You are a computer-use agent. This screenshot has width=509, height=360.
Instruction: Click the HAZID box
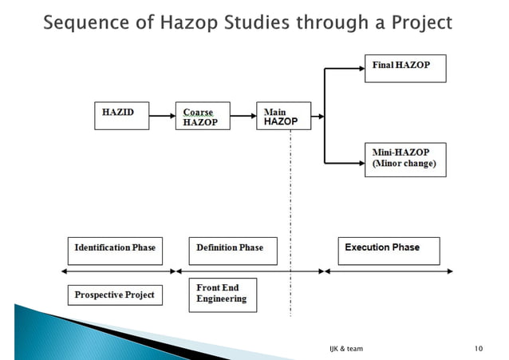pyautogui.click(x=120, y=116)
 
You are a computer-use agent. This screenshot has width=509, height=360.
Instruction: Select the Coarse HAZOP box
pyautogui.click(x=203, y=117)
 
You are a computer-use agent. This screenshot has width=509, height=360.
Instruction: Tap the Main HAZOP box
pyautogui.click(x=283, y=116)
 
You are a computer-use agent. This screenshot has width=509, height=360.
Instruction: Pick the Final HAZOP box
pyautogui.click(x=404, y=68)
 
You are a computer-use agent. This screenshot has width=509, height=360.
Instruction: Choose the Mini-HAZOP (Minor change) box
pyautogui.click(x=404, y=159)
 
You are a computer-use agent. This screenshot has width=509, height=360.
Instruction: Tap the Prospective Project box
pyautogui.click(x=114, y=295)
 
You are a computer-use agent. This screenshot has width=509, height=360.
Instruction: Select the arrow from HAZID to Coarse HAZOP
pyautogui.click(x=162, y=117)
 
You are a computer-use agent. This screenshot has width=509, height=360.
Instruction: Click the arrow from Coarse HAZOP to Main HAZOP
pyautogui.click(x=243, y=117)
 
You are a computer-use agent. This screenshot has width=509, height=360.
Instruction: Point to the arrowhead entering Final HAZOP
pyautogui.click(x=360, y=69)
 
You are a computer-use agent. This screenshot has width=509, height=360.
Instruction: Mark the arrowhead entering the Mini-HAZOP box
pyautogui.click(x=360, y=159)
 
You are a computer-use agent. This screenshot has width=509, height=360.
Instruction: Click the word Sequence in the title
pyautogui.click(x=81, y=22)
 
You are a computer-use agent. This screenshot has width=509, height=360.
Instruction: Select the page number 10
pyautogui.click(x=479, y=349)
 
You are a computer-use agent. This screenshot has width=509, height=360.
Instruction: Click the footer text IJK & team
pyautogui.click(x=345, y=349)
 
